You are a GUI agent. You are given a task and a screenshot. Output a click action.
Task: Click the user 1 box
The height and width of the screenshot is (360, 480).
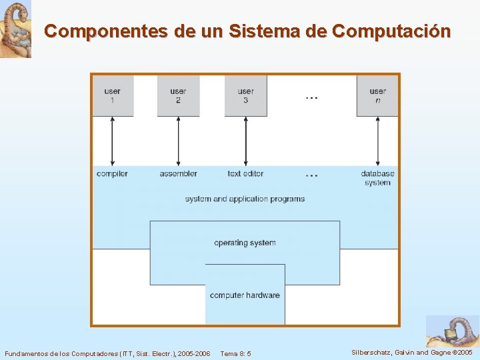coord(112,96)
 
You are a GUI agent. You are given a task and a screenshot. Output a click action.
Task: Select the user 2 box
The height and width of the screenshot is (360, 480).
coord(178,96)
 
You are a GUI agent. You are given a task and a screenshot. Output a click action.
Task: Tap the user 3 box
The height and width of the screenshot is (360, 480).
coord(245,96)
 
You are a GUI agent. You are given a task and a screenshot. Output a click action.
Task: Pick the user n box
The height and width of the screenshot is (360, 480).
coord(377,96)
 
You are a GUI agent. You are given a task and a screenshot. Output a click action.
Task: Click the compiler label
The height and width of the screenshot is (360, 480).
coord(112,174)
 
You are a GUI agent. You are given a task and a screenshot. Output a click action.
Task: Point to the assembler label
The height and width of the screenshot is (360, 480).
coord(178,174)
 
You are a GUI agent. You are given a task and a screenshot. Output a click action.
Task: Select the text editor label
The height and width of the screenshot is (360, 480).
coord(245,174)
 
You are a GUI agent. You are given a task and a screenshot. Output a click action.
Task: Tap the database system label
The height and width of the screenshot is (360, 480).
coord(377,178)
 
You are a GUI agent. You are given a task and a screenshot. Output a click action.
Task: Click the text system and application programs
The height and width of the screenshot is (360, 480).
coord(245,199)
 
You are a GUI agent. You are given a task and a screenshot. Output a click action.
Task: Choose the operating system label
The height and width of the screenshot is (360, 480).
coord(245,243)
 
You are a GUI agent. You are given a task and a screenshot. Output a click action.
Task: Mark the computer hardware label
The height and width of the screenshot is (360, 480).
coord(245,295)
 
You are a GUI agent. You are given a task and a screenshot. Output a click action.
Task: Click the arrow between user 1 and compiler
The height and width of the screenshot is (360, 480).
coord(112,141)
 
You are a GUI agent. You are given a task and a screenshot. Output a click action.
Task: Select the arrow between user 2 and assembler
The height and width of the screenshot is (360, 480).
coord(178,141)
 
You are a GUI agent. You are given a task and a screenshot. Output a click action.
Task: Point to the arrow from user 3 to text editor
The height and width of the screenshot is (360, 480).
coord(245,141)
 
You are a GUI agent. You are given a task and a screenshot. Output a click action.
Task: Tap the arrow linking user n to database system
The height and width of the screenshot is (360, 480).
coord(377,141)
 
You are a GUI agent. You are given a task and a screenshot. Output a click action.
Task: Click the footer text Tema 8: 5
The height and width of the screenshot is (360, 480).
coord(235,353)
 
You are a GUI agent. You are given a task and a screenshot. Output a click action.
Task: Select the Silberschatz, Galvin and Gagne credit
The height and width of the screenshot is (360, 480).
coord(412,352)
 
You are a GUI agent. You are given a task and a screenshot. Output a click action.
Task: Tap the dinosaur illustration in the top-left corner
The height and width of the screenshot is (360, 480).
coord(15,29)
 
